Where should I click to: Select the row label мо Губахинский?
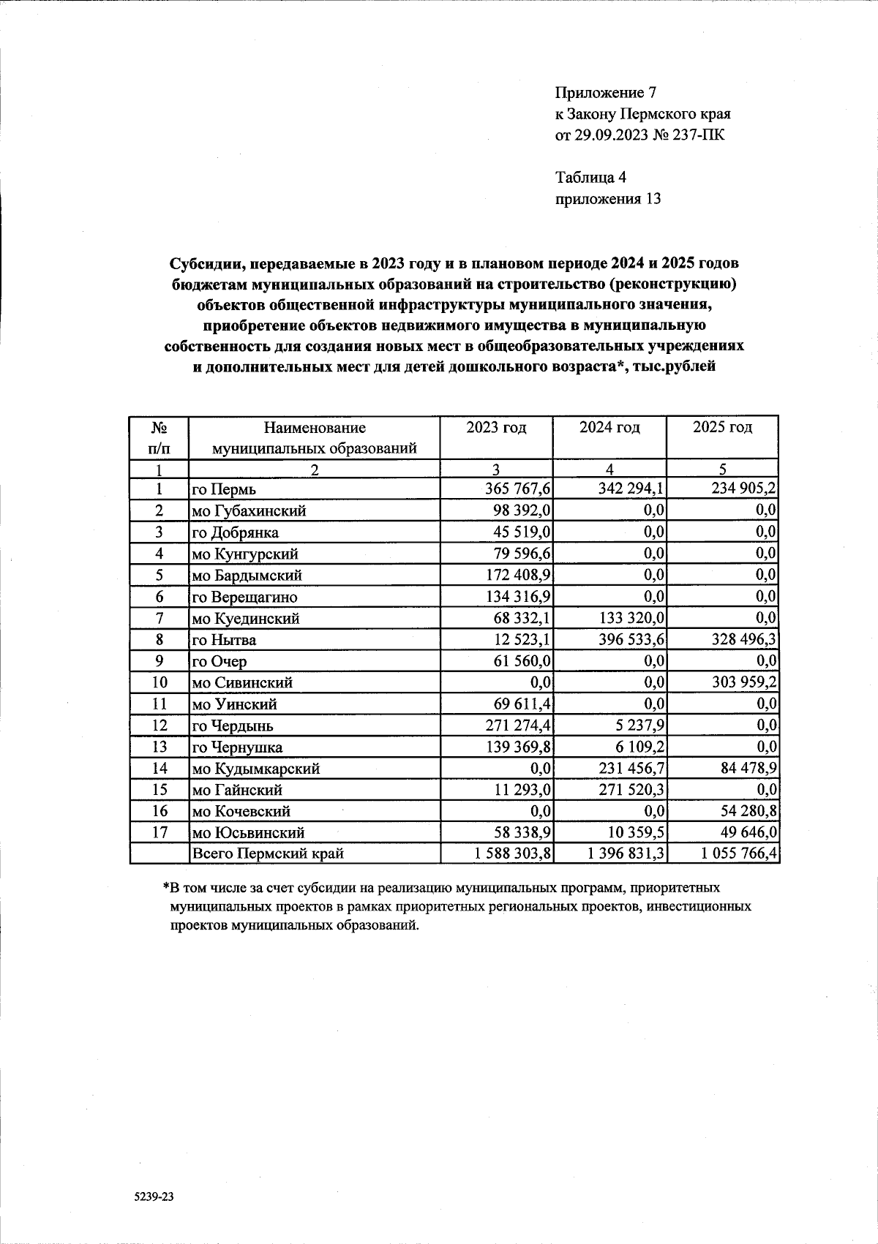pos(249,511)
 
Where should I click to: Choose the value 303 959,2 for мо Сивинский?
pos(741,682)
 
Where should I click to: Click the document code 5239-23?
pos(155,1198)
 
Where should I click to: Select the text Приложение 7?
pos(607,93)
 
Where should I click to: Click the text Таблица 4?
pos(590,177)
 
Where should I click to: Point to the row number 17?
pos(160,832)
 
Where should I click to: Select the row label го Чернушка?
pos(237,747)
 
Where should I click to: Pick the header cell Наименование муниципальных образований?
pos(314,437)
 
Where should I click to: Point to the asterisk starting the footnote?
pos(166,887)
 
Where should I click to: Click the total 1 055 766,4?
pos(739,853)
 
